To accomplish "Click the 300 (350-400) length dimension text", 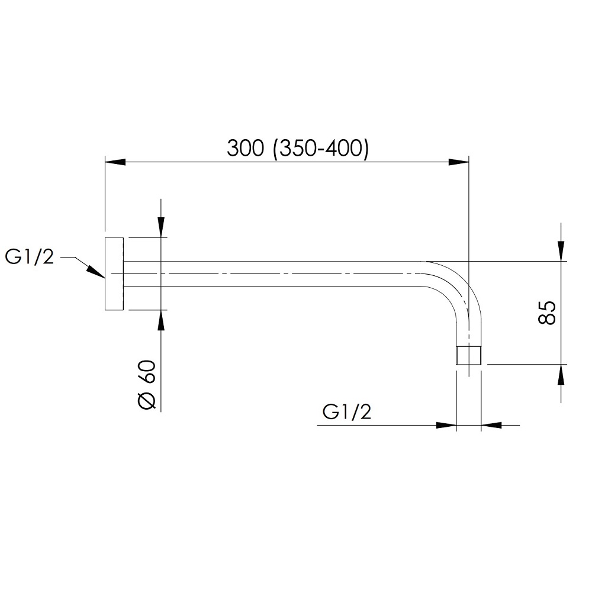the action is coord(298,148).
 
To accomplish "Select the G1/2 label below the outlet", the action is coord(347,411).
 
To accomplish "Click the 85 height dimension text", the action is coord(546,313).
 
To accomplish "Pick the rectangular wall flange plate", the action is coord(114,274).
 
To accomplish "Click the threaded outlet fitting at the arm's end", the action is coord(468,355).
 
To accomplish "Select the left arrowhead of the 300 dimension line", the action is coord(115,162).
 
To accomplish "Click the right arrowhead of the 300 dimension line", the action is coord(458,162).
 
